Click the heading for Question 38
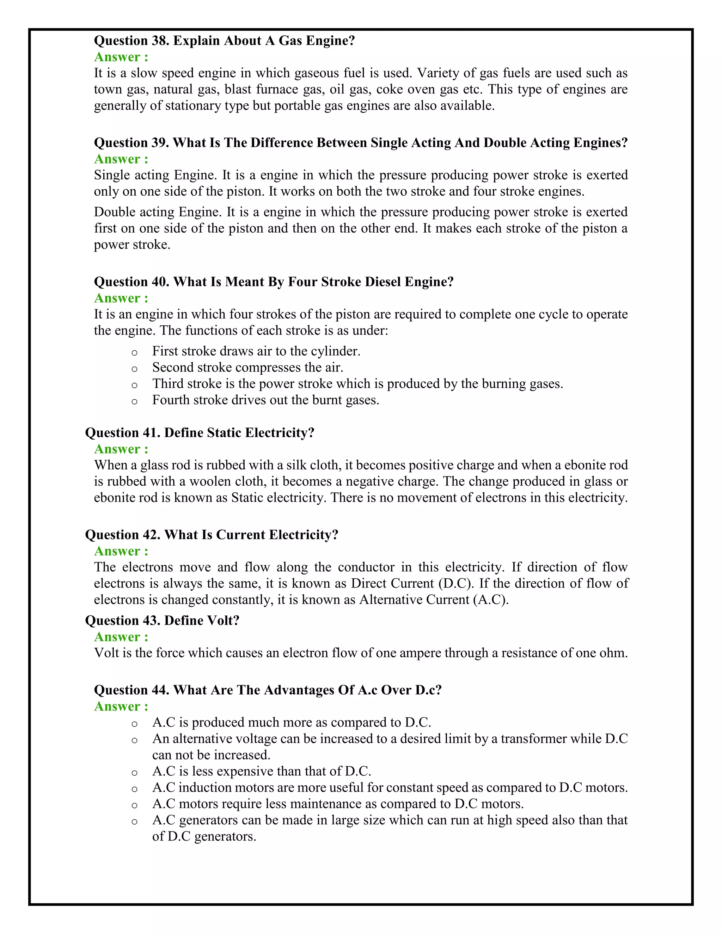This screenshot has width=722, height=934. point(224,41)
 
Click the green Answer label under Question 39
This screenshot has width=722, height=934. point(121,159)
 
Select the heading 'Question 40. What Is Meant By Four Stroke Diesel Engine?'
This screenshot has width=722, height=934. point(273,282)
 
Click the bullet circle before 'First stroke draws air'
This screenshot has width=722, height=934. point(134,353)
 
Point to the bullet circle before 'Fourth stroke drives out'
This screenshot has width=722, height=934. point(134,401)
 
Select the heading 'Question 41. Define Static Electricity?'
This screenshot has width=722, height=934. point(200,433)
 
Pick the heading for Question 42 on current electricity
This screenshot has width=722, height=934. point(212,535)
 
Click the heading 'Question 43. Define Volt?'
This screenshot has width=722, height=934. point(162,621)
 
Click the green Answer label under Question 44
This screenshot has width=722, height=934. point(121,706)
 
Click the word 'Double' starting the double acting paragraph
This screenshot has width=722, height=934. point(115,212)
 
